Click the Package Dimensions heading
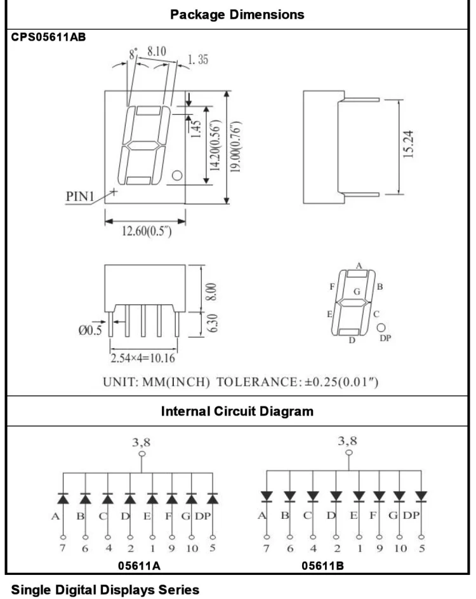click(x=237, y=15)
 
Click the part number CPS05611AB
click(x=48, y=37)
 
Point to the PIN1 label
click(x=80, y=196)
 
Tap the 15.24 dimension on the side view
click(x=408, y=144)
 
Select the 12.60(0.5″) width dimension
click(x=147, y=231)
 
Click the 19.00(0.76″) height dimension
click(x=236, y=146)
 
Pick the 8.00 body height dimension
click(x=211, y=292)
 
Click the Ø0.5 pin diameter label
click(x=90, y=330)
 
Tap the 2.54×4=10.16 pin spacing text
click(x=143, y=358)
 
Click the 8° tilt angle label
click(x=133, y=54)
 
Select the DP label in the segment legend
click(x=385, y=338)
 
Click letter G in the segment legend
click(x=357, y=292)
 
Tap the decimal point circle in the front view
click(x=176, y=175)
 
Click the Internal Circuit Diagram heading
click(x=237, y=412)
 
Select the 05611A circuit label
click(x=139, y=566)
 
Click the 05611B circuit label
click(x=322, y=566)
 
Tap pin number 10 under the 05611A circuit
click(x=192, y=549)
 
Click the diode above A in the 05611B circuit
click(x=267, y=496)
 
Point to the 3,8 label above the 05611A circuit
click(x=142, y=442)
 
